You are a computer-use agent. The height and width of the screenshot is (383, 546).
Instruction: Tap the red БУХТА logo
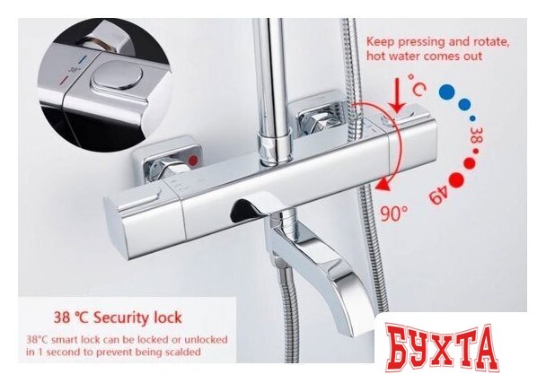click(x=442, y=348)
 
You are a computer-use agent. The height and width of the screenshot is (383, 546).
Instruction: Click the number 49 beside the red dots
click(x=438, y=196)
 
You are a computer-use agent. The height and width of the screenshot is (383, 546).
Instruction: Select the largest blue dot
click(x=446, y=91)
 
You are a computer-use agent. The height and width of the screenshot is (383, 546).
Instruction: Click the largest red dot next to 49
click(x=456, y=179)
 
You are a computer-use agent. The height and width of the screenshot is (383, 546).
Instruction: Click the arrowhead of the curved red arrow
click(x=383, y=185)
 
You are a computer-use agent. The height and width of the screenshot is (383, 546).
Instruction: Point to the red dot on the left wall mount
click(x=193, y=161)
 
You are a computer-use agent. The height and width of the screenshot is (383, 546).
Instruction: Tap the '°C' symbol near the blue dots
click(x=417, y=84)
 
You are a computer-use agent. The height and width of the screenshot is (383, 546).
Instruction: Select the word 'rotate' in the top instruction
click(x=490, y=42)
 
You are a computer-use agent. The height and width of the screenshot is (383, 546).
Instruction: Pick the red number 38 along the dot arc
click(x=476, y=135)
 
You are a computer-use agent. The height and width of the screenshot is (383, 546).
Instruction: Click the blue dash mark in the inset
click(x=83, y=60)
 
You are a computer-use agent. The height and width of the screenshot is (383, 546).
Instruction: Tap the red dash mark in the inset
click(x=64, y=81)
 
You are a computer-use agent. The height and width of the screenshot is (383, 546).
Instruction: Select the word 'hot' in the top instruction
click(x=374, y=56)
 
